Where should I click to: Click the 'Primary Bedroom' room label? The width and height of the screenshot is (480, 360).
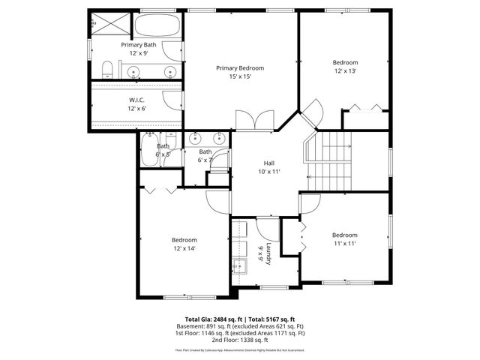click(x=240, y=67)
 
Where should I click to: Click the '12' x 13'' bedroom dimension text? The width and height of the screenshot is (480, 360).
click(x=345, y=70)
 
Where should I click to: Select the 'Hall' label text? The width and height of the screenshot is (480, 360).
click(x=268, y=163)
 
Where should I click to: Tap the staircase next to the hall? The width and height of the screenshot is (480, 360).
click(x=330, y=160)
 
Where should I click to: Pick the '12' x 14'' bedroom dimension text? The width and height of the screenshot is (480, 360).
click(x=184, y=248)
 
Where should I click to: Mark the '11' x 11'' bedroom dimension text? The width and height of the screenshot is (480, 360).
click(x=345, y=243)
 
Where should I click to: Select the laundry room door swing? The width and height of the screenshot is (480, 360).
click(x=267, y=228)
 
